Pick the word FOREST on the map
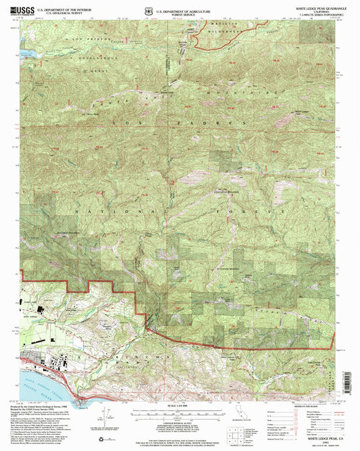point(230,212)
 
